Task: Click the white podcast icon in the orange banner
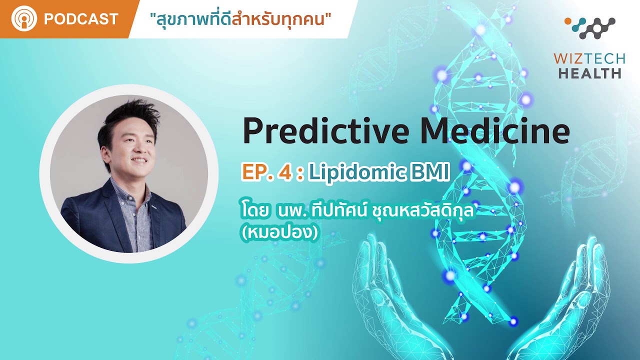point(24,18)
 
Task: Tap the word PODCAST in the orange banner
point(81,19)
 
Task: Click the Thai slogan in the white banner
point(240,19)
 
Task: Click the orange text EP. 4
point(267,172)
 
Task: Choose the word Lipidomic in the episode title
point(357,173)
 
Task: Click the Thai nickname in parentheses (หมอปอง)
point(280,233)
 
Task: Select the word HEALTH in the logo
point(589,73)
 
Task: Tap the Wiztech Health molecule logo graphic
point(590,27)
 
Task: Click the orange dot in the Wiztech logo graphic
point(568,21)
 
